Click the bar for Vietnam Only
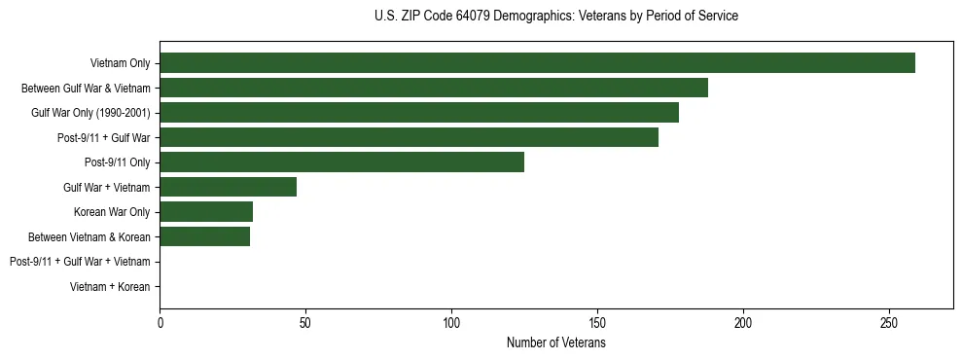click(x=537, y=63)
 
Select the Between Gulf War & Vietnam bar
click(x=434, y=88)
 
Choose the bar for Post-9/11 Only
click(x=341, y=162)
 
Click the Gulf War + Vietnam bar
click(x=228, y=187)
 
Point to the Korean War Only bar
click(x=206, y=211)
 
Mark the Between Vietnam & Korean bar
click(x=204, y=236)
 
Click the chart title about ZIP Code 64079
click(x=555, y=17)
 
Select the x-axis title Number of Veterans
click(x=555, y=343)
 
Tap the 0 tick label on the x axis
click(x=160, y=323)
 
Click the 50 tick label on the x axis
click(x=305, y=323)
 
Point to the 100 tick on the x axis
click(x=451, y=323)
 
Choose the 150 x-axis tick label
click(x=597, y=323)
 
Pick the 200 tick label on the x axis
click(x=743, y=323)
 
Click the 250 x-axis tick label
click(x=889, y=323)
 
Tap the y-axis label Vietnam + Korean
click(x=110, y=286)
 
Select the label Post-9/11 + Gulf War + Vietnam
click(x=80, y=262)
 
